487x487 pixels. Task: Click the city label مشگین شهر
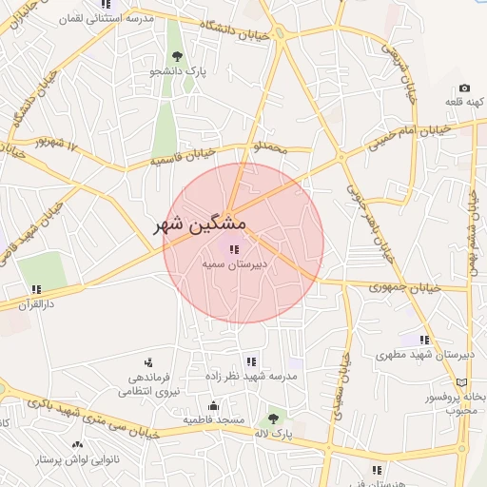click(x=201, y=224)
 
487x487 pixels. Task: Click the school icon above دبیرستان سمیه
click(x=234, y=250)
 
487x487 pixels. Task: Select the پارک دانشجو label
click(x=185, y=69)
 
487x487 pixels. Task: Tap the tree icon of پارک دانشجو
click(x=177, y=54)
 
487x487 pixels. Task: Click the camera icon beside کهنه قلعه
click(x=464, y=88)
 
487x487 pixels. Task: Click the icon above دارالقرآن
click(x=36, y=289)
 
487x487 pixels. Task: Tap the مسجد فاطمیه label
click(x=214, y=419)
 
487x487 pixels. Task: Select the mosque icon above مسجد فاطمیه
click(x=214, y=404)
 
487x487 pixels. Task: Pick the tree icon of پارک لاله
click(x=274, y=418)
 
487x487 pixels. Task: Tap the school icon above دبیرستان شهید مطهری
click(x=425, y=339)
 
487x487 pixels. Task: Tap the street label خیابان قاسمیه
click(x=185, y=156)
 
